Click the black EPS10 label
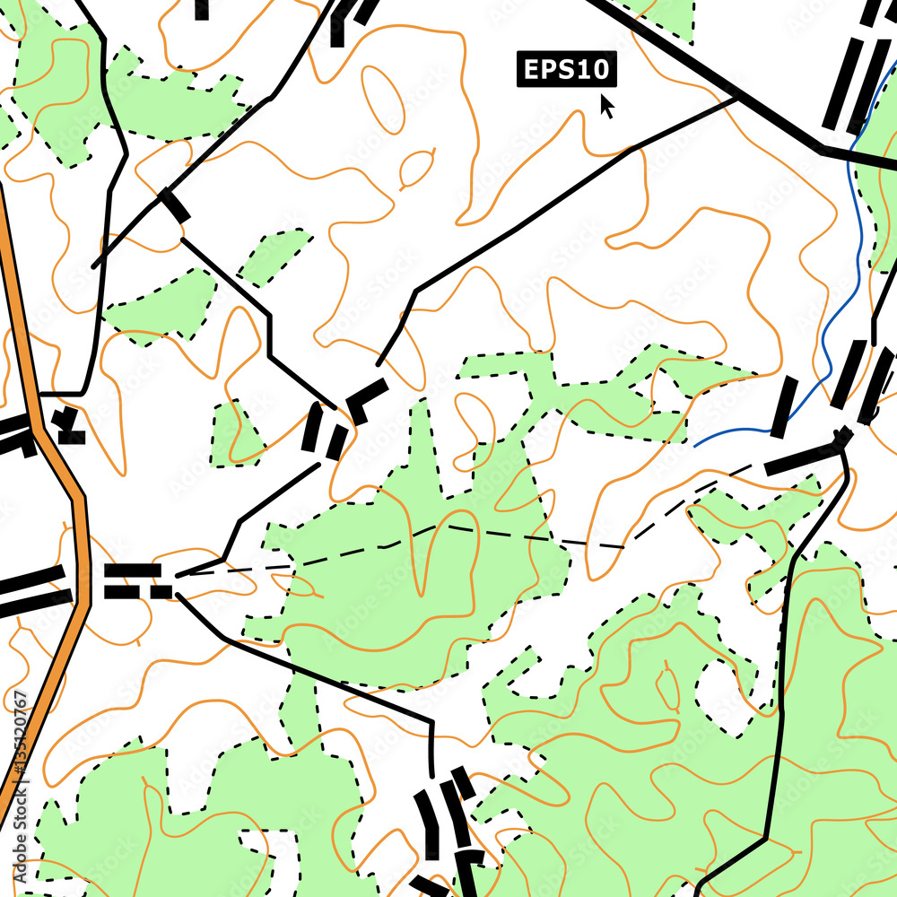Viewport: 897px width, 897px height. (566, 70)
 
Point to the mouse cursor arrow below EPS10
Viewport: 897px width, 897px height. (607, 106)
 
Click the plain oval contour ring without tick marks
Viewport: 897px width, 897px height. (383, 95)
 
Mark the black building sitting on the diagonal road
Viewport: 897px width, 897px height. (174, 205)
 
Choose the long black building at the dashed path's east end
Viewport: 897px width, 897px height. (807, 455)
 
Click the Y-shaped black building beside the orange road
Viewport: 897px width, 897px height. (67, 426)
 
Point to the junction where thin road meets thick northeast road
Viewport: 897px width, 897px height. (737, 99)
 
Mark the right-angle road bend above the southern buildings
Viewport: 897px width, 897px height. (431, 722)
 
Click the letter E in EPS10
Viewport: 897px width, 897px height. (531, 70)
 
